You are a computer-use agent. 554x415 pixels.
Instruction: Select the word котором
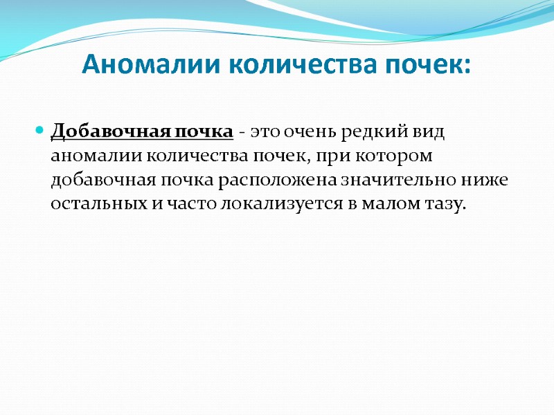point(413,155)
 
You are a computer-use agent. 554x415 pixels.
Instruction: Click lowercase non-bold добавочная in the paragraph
point(98,180)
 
